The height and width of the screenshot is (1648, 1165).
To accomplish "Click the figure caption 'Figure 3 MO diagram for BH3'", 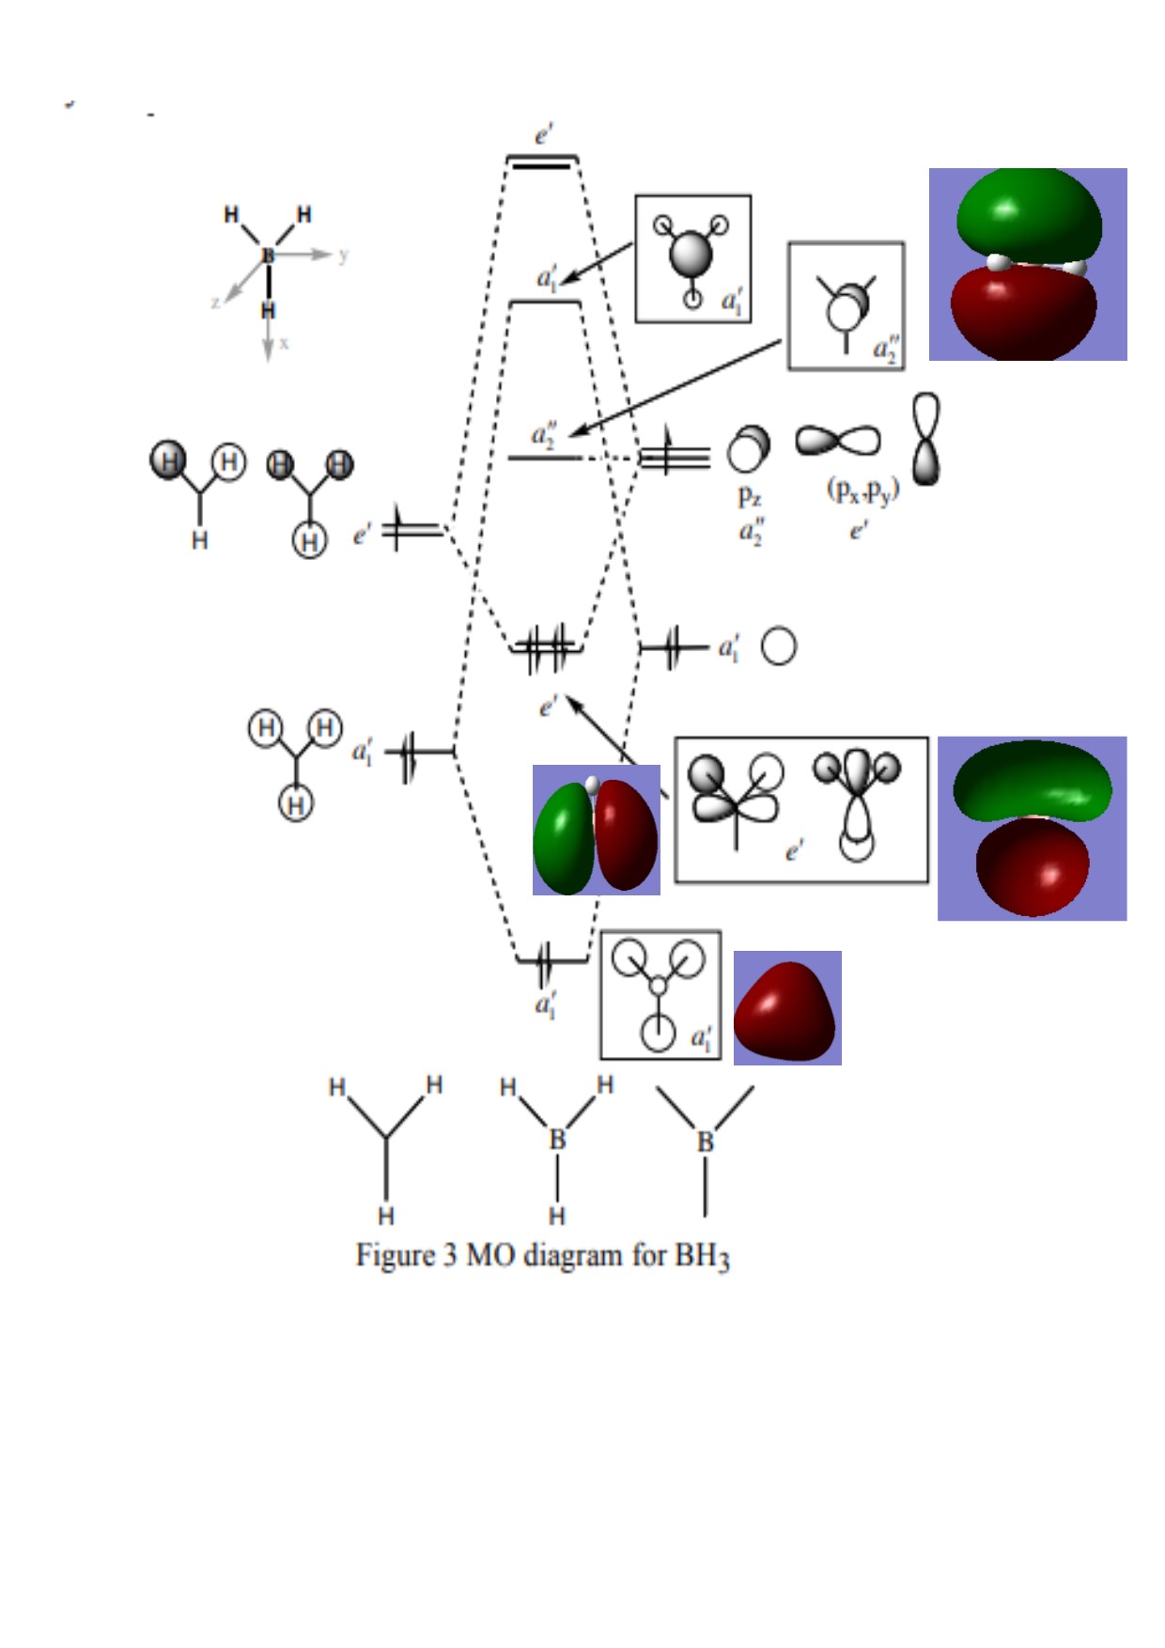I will coord(542,1256).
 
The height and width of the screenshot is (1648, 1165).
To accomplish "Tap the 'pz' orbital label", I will coord(749,495).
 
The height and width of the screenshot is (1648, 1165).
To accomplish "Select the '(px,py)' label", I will coord(862,490).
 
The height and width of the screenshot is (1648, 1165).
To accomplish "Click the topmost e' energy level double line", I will coord(542,162).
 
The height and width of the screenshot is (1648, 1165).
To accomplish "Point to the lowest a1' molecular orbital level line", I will coord(552,960).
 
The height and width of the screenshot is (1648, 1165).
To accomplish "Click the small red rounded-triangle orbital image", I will coord(786,1007).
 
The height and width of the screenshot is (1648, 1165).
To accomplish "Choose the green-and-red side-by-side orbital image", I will coord(596,830).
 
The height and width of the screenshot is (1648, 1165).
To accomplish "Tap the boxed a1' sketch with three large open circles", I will coord(660,995).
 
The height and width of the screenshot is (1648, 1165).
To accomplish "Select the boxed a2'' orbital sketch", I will coord(846,305).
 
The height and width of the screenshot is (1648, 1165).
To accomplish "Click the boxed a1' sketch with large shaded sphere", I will coord(693,258).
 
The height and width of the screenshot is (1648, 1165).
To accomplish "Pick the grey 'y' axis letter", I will coord(344,255).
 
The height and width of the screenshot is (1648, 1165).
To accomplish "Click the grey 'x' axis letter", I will coord(284,344).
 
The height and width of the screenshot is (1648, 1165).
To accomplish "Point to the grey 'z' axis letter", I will coord(215,302).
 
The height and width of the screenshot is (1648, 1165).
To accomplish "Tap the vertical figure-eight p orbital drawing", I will coord(926,439).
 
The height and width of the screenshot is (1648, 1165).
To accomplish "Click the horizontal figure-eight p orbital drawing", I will coord(838,441).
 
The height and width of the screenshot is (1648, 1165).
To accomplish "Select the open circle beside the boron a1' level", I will coord(778,646).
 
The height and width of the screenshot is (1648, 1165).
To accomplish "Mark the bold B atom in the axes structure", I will coord(268,255).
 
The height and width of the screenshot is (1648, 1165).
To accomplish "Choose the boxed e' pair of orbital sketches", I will coord(801,810).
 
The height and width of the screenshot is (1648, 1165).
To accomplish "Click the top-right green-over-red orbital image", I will coord(1028,264).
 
